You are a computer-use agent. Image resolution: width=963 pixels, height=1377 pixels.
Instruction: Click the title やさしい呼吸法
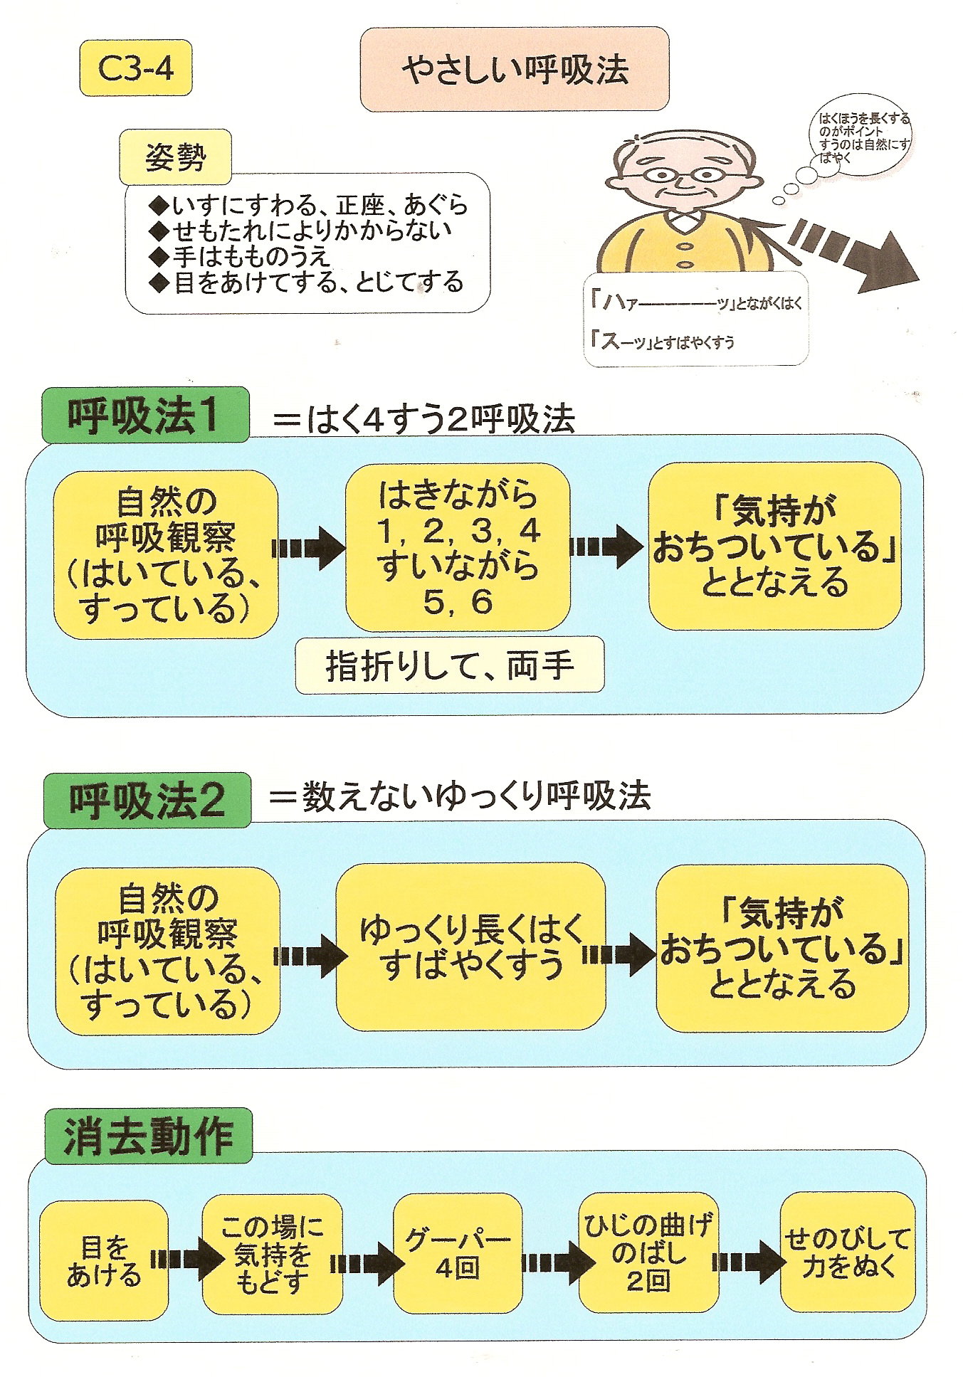[x=515, y=70]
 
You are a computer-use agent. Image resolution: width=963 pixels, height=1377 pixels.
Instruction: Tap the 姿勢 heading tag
[x=175, y=157]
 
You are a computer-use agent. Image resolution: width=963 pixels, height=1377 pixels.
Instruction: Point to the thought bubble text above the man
[x=863, y=138]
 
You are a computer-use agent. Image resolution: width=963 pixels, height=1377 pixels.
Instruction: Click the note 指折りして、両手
[x=450, y=665]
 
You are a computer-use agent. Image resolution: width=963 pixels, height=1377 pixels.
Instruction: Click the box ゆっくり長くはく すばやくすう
[x=470, y=947]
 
